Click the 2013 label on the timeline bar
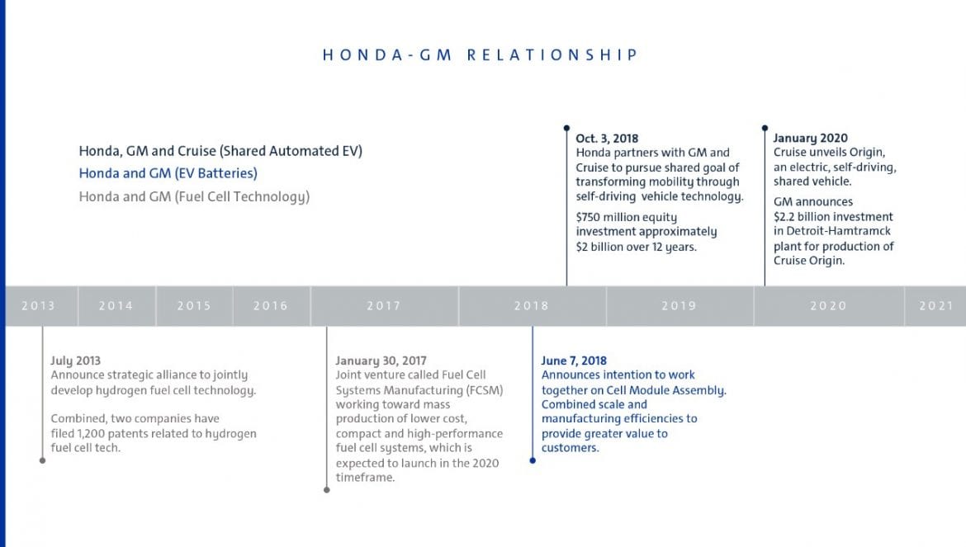coord(38,306)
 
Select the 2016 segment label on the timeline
coord(271,306)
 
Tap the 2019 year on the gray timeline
coord(679,306)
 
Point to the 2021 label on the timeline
coord(935,306)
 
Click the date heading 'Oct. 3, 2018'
coord(607,139)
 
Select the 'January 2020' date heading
coord(810,138)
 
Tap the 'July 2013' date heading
coord(75,361)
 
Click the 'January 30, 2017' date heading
coord(381,361)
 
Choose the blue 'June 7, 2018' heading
coord(574,361)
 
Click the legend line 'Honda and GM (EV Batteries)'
coord(168,173)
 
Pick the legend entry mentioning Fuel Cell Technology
coord(194,197)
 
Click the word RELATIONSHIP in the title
coord(552,55)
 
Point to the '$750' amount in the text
coord(588,217)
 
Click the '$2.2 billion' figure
coord(802,217)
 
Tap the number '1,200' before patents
coord(91,433)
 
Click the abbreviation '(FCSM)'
coord(485,390)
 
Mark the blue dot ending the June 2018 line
coord(533,460)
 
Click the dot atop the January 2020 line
coord(765,128)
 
